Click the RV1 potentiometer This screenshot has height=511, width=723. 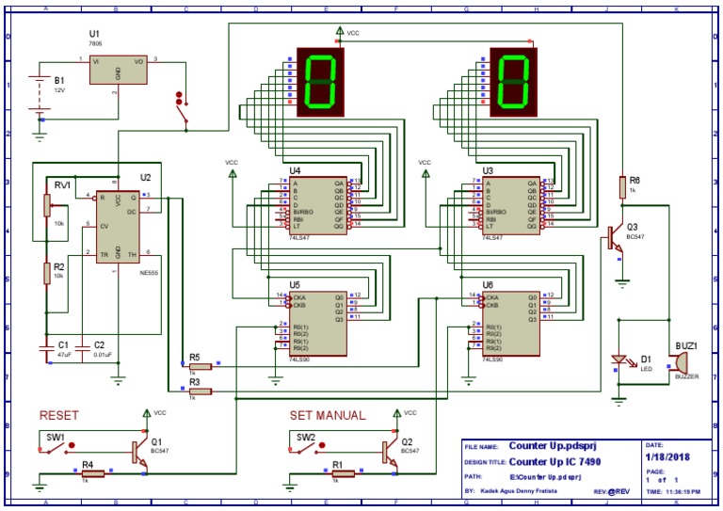(x=45, y=205)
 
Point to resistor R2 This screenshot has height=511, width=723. (x=45, y=272)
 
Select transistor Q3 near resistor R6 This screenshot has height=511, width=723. (x=615, y=234)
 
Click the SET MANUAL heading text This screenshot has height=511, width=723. (x=327, y=414)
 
